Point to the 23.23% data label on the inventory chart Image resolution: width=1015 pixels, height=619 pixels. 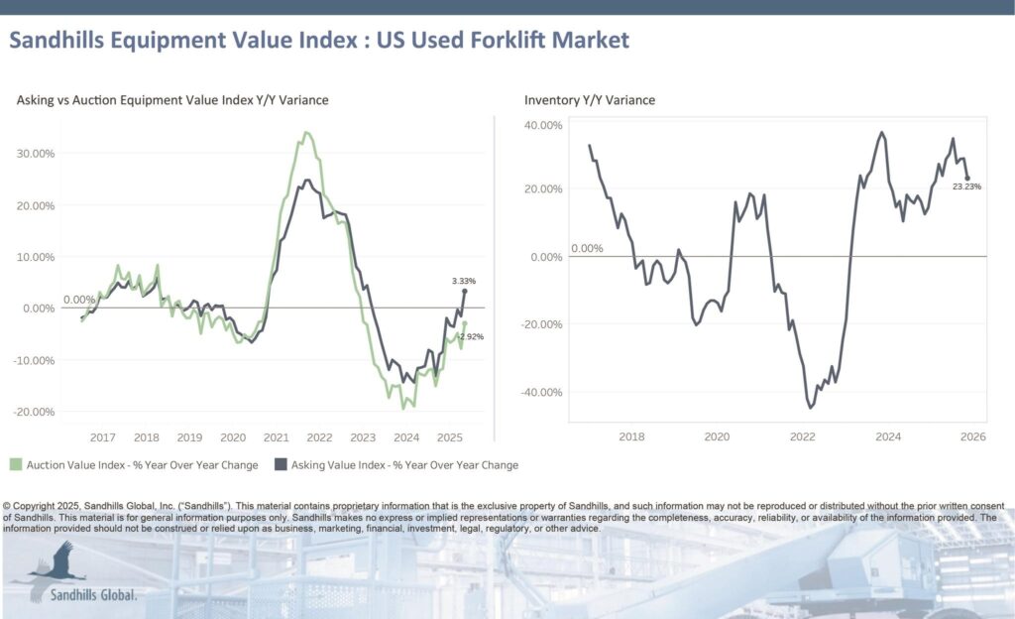pyautogui.click(x=966, y=186)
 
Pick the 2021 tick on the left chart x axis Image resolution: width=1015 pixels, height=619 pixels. pyautogui.click(x=277, y=437)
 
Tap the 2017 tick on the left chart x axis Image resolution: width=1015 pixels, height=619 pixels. pyautogui.click(x=103, y=437)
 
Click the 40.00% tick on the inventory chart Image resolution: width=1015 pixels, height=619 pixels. pyautogui.click(x=543, y=126)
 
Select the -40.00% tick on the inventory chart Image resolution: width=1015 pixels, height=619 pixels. pyautogui.click(x=541, y=393)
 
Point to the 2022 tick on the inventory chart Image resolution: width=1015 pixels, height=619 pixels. pyautogui.click(x=803, y=436)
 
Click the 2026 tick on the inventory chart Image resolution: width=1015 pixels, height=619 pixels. pyautogui.click(x=972, y=436)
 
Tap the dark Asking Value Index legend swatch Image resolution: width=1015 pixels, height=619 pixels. pyautogui.click(x=281, y=464)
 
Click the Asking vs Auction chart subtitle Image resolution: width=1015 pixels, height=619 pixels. pyautogui.click(x=172, y=100)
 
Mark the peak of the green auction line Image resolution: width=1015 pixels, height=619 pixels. pyautogui.click(x=306, y=132)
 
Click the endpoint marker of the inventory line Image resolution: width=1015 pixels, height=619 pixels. pyautogui.click(x=967, y=178)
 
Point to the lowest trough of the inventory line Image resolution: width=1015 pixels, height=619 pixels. pyautogui.click(x=811, y=407)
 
